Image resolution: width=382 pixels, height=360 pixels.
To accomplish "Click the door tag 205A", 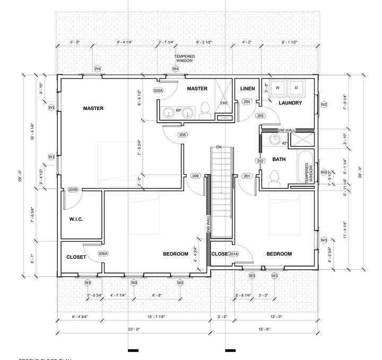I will click(x=158, y=91).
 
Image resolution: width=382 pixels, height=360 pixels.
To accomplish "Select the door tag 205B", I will click(x=73, y=190).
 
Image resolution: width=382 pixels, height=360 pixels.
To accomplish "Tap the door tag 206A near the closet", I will click(x=103, y=253).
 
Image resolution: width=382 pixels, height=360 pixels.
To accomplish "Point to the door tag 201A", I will click(x=233, y=254).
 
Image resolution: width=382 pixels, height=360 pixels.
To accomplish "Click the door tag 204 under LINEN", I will click(x=247, y=101).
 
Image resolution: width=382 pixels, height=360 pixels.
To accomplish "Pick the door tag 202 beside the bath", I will click(x=260, y=161).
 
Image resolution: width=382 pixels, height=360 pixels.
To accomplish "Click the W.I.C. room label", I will click(x=77, y=219).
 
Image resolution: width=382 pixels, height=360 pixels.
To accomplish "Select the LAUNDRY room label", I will click(x=290, y=102).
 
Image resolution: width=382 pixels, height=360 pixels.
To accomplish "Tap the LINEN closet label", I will click(x=248, y=89).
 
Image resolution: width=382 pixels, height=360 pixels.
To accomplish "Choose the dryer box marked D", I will click(x=296, y=87).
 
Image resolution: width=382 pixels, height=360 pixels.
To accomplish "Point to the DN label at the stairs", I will click(x=218, y=147).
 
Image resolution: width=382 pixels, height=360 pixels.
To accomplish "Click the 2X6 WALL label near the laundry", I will click(x=288, y=130).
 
